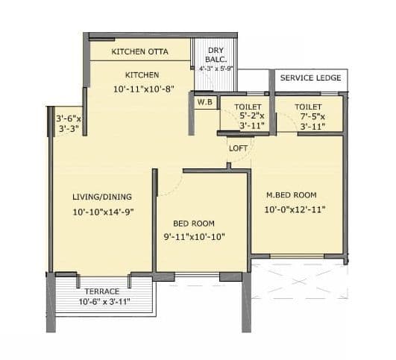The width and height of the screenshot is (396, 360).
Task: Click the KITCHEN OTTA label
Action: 139,51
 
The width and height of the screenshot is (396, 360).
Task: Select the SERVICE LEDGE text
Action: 310,78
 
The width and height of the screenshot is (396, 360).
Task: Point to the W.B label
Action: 204,102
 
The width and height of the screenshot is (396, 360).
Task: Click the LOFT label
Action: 238,148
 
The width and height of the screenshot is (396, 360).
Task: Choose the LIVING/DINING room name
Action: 102,197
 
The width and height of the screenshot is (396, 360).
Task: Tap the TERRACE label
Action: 102,291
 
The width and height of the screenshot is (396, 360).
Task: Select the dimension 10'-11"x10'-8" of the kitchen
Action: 142,89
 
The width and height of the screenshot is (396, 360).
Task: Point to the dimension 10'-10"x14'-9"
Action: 102,212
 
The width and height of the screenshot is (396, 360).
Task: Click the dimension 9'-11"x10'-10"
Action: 194,237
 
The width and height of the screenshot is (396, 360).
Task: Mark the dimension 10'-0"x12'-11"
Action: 296,209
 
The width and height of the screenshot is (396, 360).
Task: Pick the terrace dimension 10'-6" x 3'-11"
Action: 104,302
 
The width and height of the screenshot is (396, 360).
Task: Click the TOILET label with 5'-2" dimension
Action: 248,107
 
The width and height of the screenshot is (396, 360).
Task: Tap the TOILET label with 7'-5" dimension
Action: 307,107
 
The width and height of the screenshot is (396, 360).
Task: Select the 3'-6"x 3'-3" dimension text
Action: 69,123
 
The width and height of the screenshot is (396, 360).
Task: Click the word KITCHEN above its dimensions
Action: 142,75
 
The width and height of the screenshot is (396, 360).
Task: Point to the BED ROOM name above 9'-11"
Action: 194,223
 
